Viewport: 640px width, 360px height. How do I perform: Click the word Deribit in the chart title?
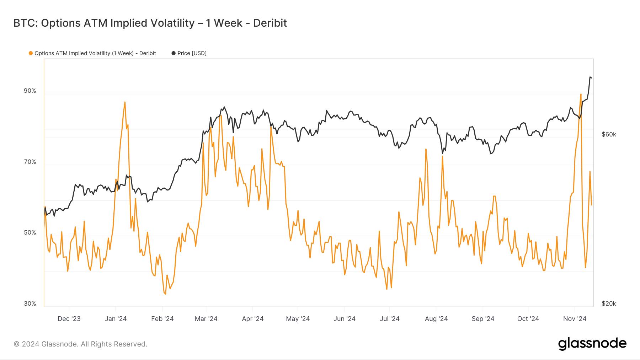tap(270, 23)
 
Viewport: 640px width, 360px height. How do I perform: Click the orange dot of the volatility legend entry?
tap(31, 53)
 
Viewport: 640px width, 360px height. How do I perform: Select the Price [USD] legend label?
tap(192, 53)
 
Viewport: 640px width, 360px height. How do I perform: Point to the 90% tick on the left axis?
tap(30, 91)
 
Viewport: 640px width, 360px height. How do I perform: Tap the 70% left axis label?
tap(30, 162)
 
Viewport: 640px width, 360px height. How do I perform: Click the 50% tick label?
tap(30, 233)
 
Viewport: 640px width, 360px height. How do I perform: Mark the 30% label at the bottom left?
tap(30, 303)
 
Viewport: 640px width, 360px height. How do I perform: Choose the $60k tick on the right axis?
tap(609, 134)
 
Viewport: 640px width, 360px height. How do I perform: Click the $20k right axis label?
tap(609, 303)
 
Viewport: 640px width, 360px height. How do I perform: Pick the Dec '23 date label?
tap(69, 319)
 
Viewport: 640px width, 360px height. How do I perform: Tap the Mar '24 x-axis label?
tap(206, 319)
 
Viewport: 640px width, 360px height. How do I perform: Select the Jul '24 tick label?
tap(390, 319)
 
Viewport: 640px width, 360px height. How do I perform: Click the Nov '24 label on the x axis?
tap(575, 319)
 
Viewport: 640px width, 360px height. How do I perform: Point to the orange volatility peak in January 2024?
tap(125, 102)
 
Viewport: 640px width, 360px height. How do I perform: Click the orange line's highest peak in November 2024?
tap(581, 94)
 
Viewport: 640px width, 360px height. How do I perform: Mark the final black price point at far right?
tap(591, 78)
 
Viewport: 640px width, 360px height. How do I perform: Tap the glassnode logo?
tap(592, 344)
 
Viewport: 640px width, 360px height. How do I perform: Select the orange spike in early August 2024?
tap(442, 156)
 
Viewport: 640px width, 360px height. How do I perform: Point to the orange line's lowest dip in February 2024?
tap(165, 294)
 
